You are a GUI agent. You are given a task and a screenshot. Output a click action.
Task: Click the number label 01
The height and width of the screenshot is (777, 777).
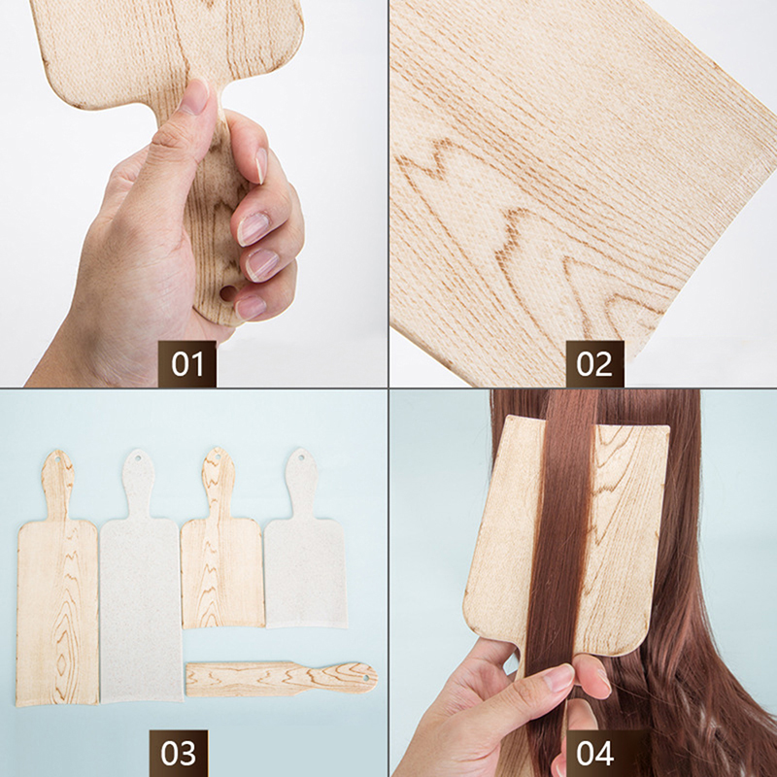click(187, 364)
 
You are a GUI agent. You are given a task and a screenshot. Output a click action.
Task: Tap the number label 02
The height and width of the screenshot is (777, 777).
click(594, 364)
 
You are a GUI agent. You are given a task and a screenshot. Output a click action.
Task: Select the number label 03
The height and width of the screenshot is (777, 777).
click(179, 754)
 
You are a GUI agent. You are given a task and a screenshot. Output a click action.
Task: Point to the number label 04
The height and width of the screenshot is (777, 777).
click(594, 754)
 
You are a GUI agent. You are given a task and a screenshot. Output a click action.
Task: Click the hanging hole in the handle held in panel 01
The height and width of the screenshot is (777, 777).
click(228, 293)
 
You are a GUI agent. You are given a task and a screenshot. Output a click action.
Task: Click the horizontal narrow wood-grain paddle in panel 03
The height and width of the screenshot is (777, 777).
click(282, 678)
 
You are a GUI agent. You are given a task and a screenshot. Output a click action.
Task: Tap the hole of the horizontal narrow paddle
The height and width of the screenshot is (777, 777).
click(366, 677)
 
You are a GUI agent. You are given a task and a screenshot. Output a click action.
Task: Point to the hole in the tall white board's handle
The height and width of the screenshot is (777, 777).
click(138, 457)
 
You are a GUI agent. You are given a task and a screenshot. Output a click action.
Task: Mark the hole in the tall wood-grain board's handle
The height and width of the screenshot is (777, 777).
click(57, 459)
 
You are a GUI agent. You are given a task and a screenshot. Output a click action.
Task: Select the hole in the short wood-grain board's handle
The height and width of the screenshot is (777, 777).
click(218, 456)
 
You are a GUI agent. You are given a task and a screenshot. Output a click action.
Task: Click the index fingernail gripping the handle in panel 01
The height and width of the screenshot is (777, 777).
click(260, 165)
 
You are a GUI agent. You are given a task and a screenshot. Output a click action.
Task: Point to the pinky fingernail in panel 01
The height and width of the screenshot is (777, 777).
click(250, 308)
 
